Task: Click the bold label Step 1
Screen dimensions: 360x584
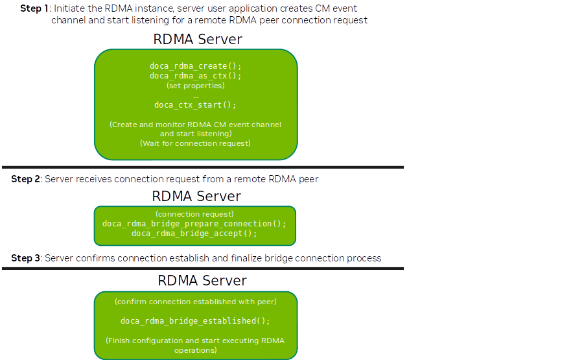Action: [x=34, y=8]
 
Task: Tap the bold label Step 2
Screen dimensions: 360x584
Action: [x=26, y=179]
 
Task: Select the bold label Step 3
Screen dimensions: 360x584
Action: [x=26, y=258]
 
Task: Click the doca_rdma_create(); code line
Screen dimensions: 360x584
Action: [x=195, y=66]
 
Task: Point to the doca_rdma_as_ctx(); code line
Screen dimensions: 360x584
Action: [x=195, y=76]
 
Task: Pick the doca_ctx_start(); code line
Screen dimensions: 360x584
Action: [x=195, y=104]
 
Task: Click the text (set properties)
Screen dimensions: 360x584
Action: [x=195, y=86]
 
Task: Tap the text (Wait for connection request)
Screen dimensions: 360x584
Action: [x=195, y=143]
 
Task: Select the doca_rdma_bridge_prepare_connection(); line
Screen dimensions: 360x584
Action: [x=194, y=224]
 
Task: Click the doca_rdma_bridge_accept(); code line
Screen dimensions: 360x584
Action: [x=194, y=234]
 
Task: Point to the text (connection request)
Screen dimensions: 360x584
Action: [x=194, y=214]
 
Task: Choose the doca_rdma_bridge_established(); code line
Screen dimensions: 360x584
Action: [x=195, y=321]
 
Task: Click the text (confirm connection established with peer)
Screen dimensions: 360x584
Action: [x=195, y=302]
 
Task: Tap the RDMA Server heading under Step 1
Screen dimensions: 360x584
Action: [x=197, y=39]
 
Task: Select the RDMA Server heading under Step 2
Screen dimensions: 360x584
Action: [x=196, y=196]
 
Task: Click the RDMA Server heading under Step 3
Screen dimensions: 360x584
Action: [x=202, y=280]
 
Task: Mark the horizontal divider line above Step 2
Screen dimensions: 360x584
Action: [x=202, y=167]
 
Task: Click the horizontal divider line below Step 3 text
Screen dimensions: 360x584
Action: [x=202, y=268]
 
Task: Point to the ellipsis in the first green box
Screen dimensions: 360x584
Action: [x=195, y=95]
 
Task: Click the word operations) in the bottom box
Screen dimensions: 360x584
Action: [x=195, y=350]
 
